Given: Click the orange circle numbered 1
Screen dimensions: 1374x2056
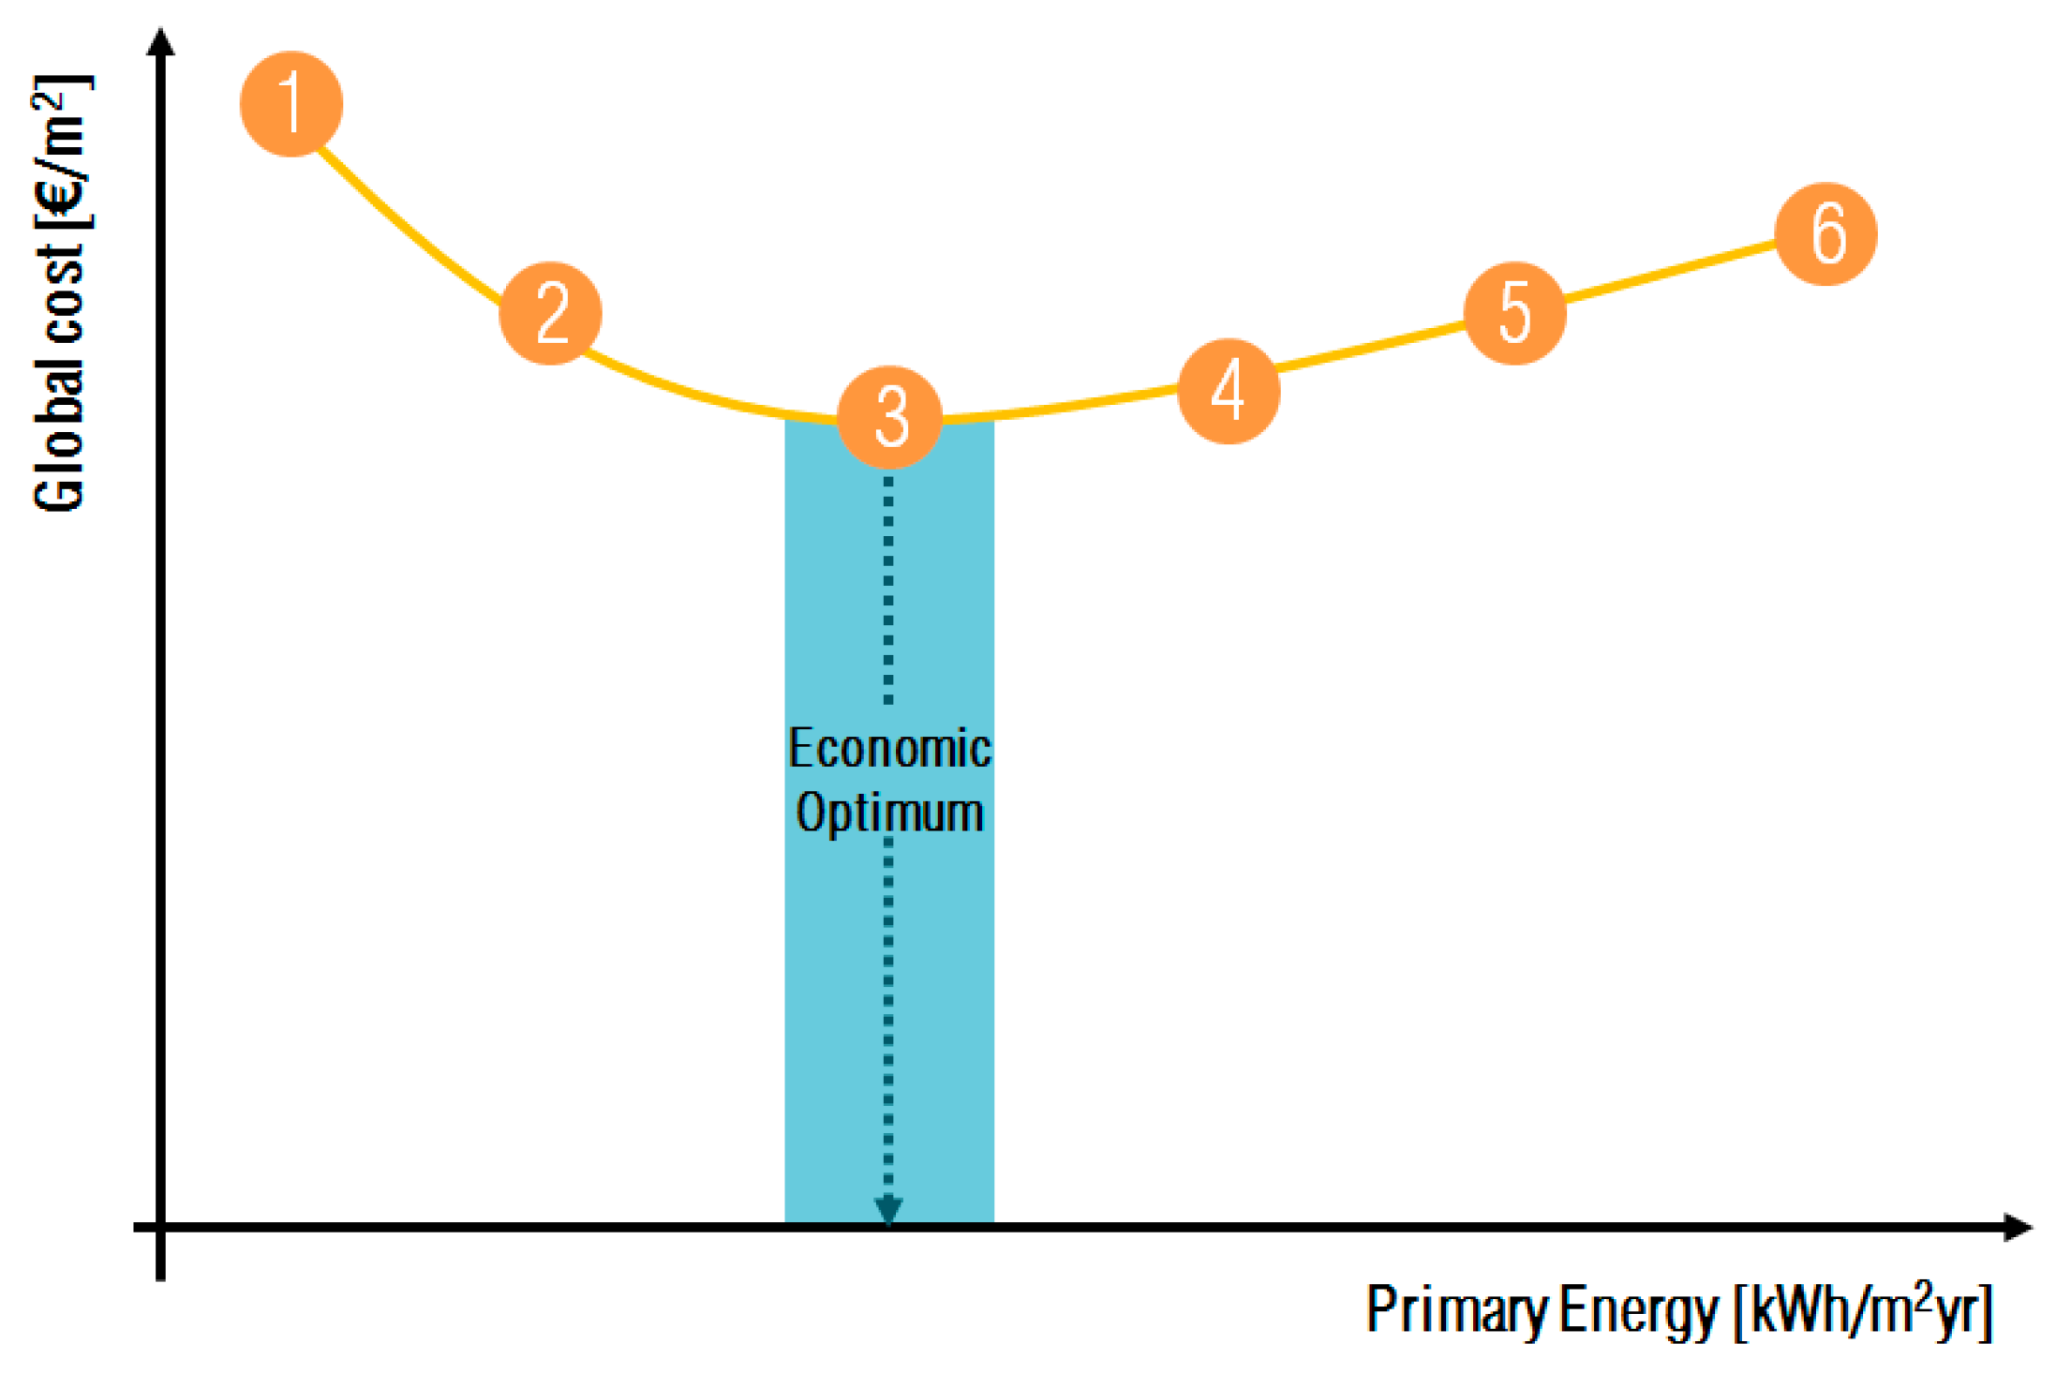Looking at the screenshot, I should pos(291,104).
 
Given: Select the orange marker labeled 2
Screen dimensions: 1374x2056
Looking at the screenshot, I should pos(551,313).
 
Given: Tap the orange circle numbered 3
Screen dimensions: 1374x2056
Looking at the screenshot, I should pos(889,417).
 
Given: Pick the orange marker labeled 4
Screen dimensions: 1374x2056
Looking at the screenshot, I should pos(1229,391).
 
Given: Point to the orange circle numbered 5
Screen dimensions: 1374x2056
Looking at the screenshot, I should pos(1514,313).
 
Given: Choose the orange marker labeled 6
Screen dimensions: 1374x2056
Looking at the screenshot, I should pos(1826,233).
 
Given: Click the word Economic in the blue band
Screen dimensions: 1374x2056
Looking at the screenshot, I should pos(889,749).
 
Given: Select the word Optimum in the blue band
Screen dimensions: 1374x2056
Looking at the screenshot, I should pos(889,813).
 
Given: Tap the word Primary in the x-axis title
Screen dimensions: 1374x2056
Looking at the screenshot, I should pos(1457,1309).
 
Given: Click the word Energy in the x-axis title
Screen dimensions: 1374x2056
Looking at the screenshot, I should pos(1639,1309).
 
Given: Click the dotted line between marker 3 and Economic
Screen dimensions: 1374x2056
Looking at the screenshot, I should pos(888,590).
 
